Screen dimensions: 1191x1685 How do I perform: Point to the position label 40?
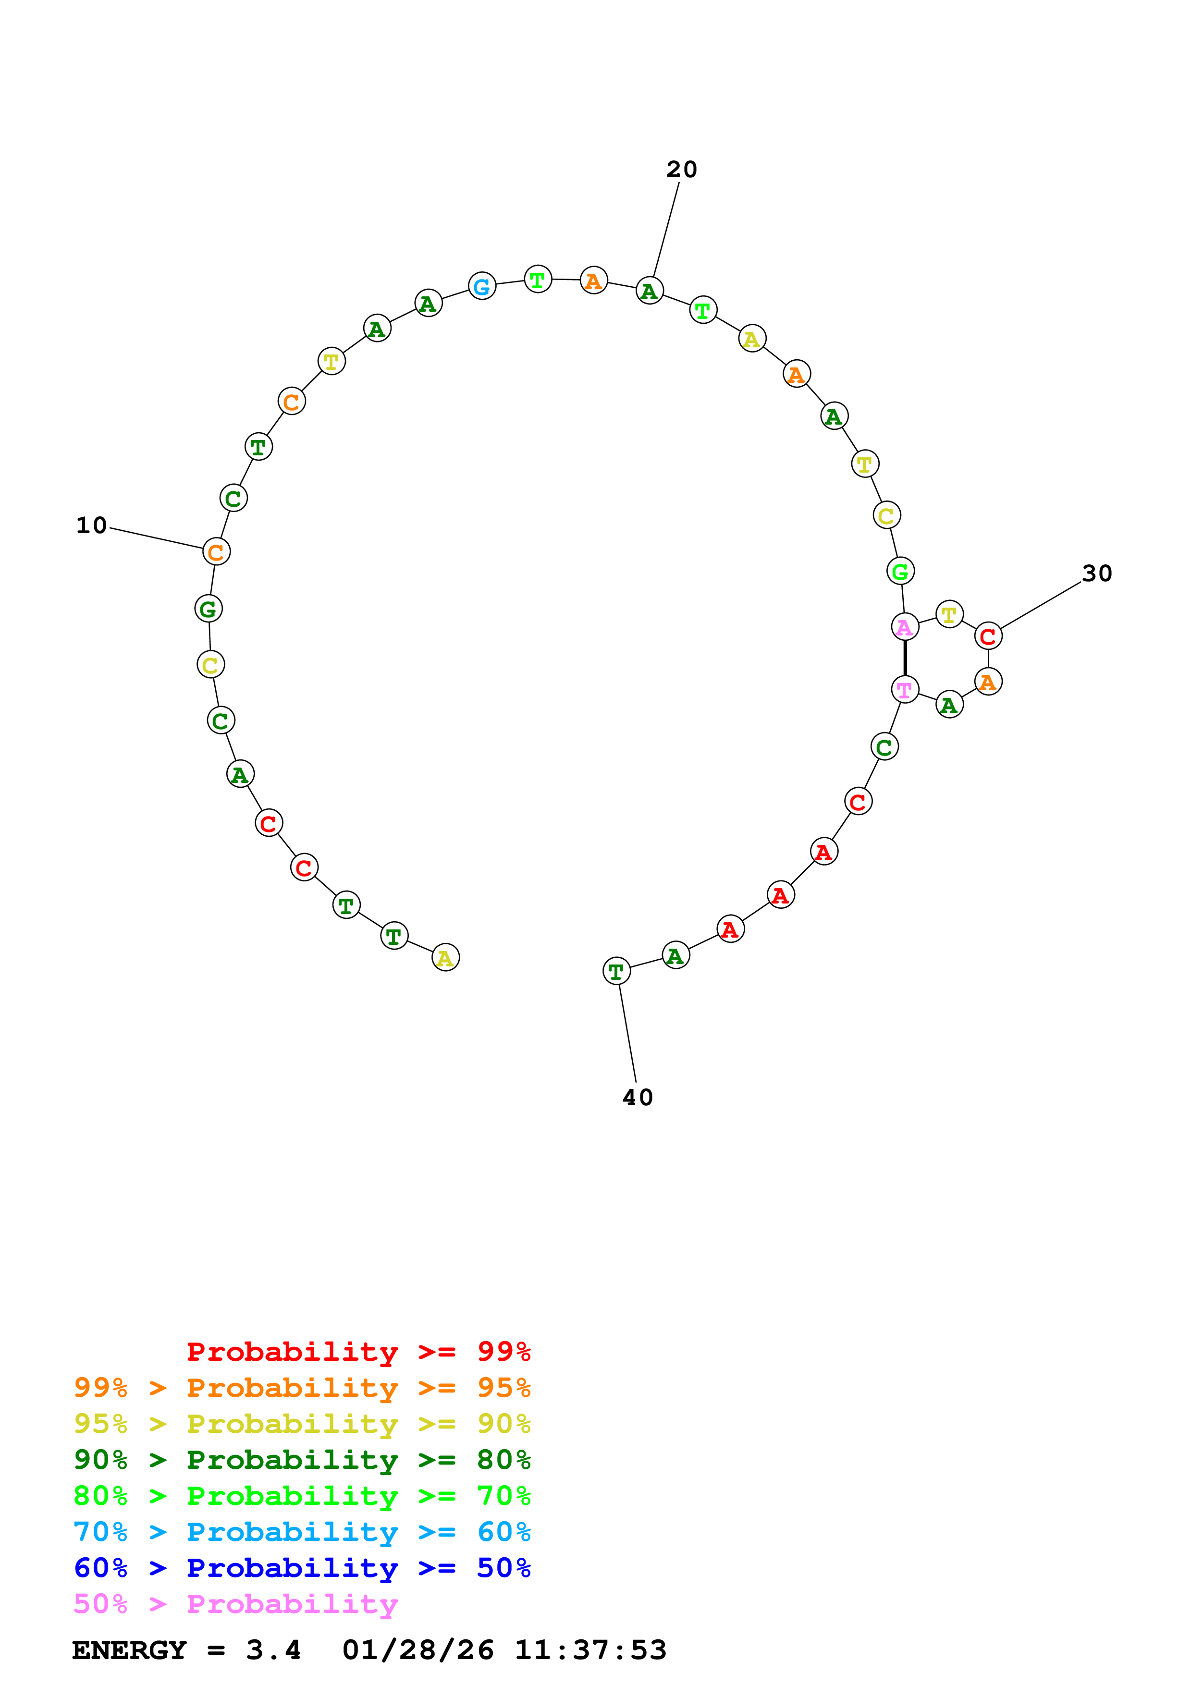(x=637, y=1097)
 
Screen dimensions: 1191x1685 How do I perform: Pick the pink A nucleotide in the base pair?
(x=904, y=627)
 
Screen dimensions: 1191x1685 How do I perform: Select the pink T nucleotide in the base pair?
(x=904, y=689)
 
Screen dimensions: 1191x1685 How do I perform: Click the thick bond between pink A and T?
(x=904, y=659)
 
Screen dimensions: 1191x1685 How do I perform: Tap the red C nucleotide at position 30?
(x=988, y=636)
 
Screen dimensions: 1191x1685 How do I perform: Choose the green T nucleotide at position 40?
(x=616, y=971)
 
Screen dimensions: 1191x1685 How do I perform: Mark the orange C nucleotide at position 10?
(x=216, y=552)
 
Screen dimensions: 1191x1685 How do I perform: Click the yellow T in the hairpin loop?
(x=949, y=614)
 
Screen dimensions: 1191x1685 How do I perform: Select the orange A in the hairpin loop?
(x=988, y=682)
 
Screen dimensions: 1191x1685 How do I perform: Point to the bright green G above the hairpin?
(x=900, y=571)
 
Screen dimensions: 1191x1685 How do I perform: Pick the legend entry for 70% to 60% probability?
(x=302, y=1532)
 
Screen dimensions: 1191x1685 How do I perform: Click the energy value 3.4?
(x=273, y=1650)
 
